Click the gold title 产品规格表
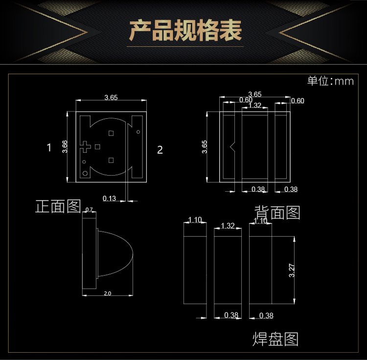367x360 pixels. click(x=185, y=31)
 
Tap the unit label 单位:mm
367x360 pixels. click(x=330, y=81)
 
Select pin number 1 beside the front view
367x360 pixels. click(x=49, y=148)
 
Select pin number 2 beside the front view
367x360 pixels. click(x=160, y=150)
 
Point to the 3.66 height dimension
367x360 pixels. click(x=65, y=147)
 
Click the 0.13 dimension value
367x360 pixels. click(x=109, y=199)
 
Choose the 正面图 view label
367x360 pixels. click(x=58, y=206)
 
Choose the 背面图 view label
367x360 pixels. click(x=277, y=212)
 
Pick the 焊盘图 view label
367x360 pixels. click(x=275, y=339)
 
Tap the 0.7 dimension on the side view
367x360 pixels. click(x=89, y=209)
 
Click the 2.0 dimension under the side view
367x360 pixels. click(x=108, y=293)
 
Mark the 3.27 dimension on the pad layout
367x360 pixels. click(x=292, y=270)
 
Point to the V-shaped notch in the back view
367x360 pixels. click(x=232, y=147)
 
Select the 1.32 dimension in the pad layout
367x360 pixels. click(x=228, y=225)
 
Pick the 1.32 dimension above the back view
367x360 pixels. click(x=254, y=105)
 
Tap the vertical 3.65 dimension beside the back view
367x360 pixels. click(x=205, y=147)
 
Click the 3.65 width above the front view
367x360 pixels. click(x=111, y=97)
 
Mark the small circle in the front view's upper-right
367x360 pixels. click(x=138, y=132)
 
